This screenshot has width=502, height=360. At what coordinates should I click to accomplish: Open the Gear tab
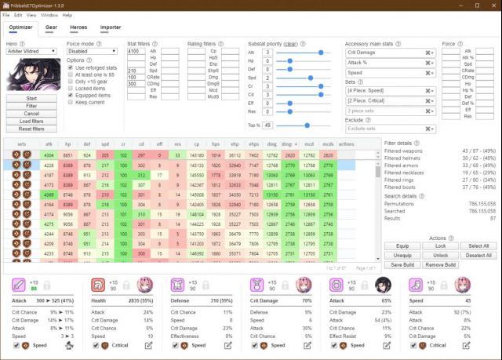(x=51, y=27)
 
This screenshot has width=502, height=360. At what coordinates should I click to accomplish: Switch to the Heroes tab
(x=78, y=27)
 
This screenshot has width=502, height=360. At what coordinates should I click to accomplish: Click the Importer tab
(x=111, y=27)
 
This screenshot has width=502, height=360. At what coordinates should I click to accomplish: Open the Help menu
(x=67, y=15)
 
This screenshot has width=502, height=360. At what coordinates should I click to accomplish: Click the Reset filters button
(x=31, y=129)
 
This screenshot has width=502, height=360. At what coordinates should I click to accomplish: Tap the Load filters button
(x=31, y=122)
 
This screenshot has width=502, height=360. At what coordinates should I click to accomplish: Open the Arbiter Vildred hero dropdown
(x=31, y=52)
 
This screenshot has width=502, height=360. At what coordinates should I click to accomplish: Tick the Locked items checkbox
(x=70, y=89)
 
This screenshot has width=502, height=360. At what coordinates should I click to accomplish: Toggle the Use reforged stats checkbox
(x=70, y=68)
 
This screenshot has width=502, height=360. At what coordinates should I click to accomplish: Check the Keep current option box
(x=70, y=102)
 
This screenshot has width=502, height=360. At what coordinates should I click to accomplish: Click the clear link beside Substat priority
(x=290, y=44)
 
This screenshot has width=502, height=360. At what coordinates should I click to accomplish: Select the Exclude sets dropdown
(x=391, y=128)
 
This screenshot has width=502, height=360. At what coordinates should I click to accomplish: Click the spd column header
(x=104, y=144)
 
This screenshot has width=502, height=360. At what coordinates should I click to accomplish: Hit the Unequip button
(x=402, y=255)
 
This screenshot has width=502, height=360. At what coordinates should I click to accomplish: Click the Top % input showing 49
(x=268, y=125)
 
